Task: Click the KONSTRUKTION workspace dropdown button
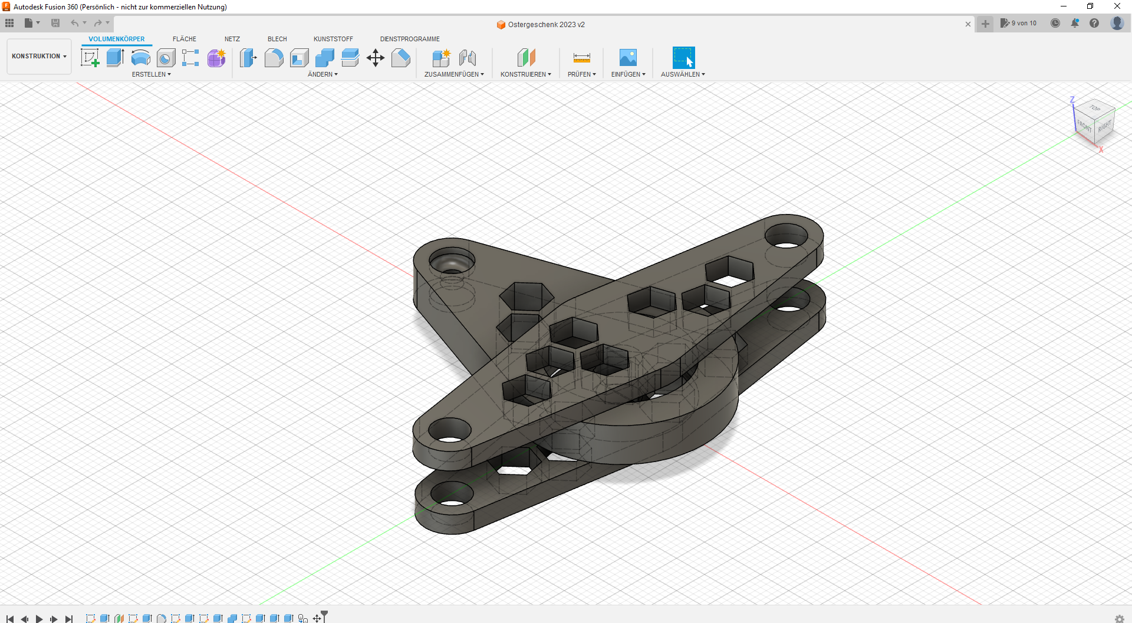pos(39,57)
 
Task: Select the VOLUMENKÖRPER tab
pos(116,39)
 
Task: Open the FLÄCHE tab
pos(184,39)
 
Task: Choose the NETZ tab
pos(232,39)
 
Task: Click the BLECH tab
pos(277,39)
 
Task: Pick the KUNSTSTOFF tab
pos(333,39)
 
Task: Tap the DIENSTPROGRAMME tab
pos(410,39)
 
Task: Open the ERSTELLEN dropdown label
pos(151,74)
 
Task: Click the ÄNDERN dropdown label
pos(323,74)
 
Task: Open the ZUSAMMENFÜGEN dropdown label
pos(454,74)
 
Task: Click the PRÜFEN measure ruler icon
pos(581,58)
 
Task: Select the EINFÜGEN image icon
pos(628,58)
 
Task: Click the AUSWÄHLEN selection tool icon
pos(683,58)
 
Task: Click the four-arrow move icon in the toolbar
pos(376,58)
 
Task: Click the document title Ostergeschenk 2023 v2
pos(546,25)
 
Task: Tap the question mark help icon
pos(1094,24)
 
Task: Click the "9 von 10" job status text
pos(1024,24)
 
